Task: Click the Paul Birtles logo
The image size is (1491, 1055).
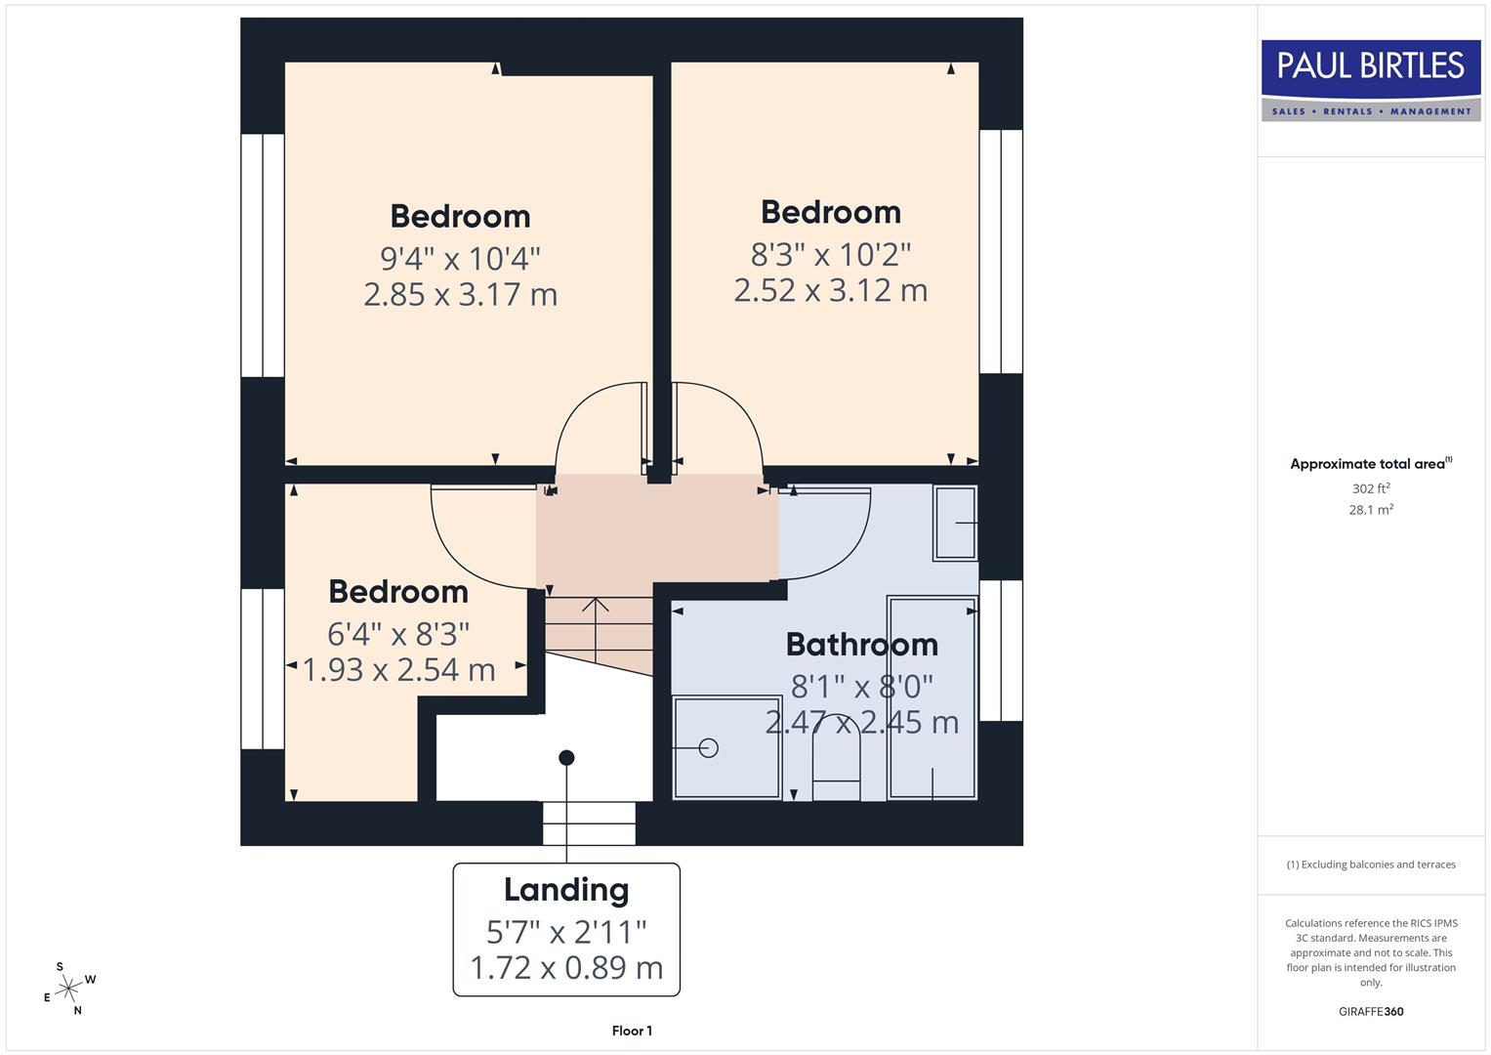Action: click(x=1371, y=80)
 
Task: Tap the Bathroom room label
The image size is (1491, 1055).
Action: click(x=861, y=645)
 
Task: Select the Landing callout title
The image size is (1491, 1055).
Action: click(x=566, y=890)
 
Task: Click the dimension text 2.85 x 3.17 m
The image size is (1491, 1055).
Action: click(x=460, y=294)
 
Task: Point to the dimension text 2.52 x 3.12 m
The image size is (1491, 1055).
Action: click(x=831, y=290)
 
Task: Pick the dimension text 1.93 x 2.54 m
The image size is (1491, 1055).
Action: click(x=398, y=670)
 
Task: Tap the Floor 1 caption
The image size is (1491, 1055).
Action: click(x=632, y=1031)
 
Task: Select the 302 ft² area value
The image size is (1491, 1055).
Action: click(x=1370, y=488)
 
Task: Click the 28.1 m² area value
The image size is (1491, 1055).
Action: click(x=1370, y=510)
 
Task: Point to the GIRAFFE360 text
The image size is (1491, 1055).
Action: click(x=1370, y=1011)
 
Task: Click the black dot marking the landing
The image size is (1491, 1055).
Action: click(x=566, y=758)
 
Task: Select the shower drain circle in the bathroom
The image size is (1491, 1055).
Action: click(x=709, y=748)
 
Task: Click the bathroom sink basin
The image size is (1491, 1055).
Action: click(x=955, y=524)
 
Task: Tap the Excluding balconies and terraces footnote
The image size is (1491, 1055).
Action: click(x=1370, y=865)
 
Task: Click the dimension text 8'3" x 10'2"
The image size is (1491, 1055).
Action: click(x=831, y=255)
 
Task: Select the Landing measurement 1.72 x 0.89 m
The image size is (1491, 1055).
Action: click(x=566, y=968)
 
